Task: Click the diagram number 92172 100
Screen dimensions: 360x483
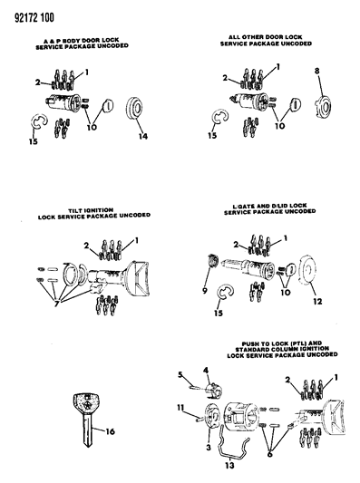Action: pyautogui.click(x=34, y=17)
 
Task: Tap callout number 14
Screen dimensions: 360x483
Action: pyautogui.click(x=143, y=136)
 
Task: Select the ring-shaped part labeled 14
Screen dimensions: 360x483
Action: pyautogui.click(x=134, y=108)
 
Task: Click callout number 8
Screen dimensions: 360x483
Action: pyautogui.click(x=316, y=71)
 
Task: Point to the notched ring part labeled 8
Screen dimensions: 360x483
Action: pyautogui.click(x=323, y=107)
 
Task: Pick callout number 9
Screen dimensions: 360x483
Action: pyautogui.click(x=205, y=291)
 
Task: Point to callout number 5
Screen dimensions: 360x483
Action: pyautogui.click(x=180, y=374)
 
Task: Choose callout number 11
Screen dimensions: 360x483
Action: pyautogui.click(x=180, y=408)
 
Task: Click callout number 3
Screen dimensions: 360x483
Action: pyautogui.click(x=209, y=447)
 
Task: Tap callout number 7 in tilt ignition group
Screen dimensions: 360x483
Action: pyautogui.click(x=56, y=304)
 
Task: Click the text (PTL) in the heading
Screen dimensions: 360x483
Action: pyautogui.click(x=300, y=343)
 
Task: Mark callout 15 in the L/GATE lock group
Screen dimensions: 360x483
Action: pyautogui.click(x=219, y=313)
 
